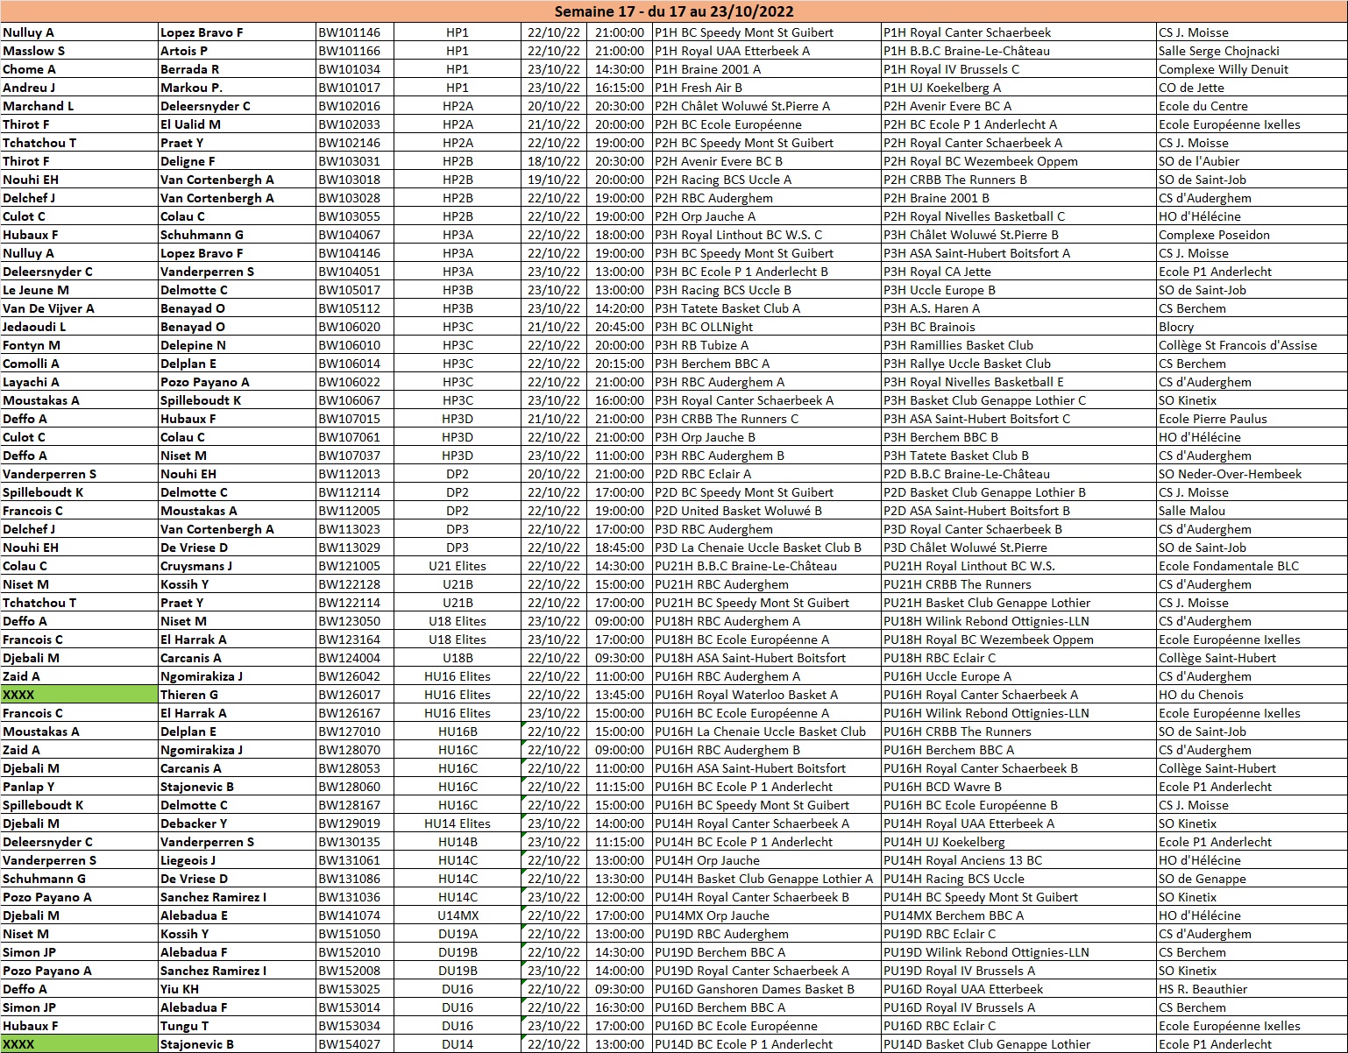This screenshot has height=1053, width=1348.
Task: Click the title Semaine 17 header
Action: click(674, 11)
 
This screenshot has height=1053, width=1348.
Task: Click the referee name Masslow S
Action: click(33, 51)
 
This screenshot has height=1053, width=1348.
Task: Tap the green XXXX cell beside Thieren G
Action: click(79, 695)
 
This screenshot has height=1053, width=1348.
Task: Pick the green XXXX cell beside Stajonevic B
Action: click(79, 1044)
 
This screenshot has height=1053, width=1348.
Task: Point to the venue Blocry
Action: click(1175, 327)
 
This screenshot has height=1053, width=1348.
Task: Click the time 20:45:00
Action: click(620, 327)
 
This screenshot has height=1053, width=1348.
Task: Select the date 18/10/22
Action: click(553, 161)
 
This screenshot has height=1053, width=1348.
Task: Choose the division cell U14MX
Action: click(458, 915)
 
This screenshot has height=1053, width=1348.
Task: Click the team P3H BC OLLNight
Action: click(704, 327)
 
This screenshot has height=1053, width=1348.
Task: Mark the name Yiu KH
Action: click(180, 989)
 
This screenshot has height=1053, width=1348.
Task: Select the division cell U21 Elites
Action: click(458, 566)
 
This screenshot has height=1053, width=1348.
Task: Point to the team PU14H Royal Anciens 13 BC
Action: click(962, 860)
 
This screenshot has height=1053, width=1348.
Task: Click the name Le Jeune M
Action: click(36, 290)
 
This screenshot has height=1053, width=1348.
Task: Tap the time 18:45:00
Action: click(620, 548)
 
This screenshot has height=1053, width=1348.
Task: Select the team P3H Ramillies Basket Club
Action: click(958, 345)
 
